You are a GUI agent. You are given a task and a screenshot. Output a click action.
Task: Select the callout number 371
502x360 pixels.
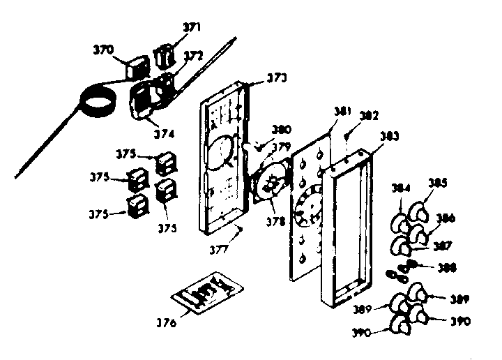[192, 28]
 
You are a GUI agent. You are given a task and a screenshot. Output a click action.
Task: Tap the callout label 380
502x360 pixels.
[282, 129]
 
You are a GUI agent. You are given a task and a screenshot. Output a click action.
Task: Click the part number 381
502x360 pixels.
[343, 110]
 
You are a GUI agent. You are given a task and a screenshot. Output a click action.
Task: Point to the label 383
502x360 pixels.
[388, 137]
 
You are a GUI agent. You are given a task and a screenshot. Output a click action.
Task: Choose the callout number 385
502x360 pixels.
[438, 184]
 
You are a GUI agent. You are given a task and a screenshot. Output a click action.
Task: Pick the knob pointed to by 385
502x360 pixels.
[420, 211]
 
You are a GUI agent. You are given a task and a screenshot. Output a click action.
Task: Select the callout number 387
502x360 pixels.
[442, 245]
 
